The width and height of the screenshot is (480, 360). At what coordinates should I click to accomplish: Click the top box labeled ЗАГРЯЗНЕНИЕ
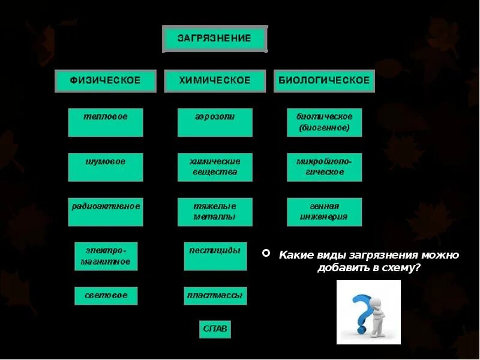215,39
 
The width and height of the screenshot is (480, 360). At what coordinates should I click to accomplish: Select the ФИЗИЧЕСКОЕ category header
106,80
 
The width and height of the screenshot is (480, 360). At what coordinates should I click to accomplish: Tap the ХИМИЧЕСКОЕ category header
215,80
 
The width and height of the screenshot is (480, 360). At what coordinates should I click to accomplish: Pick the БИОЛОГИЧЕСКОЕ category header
324,80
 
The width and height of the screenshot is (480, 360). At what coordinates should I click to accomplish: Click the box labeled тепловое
106,122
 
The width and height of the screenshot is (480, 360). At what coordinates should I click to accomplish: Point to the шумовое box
106,167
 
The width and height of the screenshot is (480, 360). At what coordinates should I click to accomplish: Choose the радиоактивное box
106,212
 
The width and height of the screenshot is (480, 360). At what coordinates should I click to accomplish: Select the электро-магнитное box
106,256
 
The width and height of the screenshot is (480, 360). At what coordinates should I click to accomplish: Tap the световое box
106,295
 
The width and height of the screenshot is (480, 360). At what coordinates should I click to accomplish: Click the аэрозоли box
215,122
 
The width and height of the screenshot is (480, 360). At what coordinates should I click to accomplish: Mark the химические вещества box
215,167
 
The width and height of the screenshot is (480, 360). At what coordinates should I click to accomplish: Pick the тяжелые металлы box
215,212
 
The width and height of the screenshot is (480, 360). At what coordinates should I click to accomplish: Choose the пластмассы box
215,295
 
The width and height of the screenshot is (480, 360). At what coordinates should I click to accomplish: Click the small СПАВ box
215,329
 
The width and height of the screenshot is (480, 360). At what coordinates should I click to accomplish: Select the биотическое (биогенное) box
324,122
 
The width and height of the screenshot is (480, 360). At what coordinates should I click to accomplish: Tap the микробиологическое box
324,167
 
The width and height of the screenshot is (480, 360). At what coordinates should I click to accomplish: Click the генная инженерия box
324,212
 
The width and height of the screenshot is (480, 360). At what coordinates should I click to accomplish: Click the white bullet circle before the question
266,254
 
